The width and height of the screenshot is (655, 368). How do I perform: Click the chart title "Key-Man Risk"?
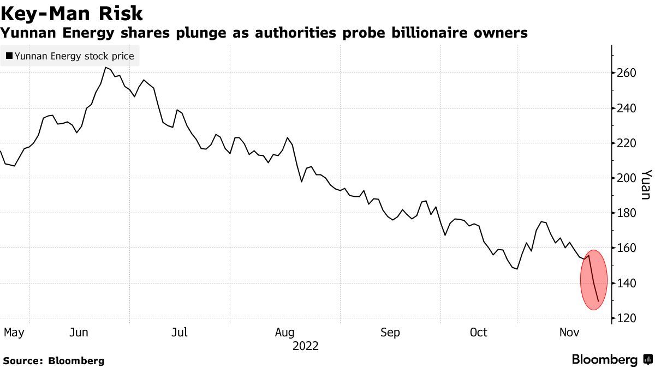click(x=72, y=13)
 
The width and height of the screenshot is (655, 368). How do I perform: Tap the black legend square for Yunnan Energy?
click(x=9, y=56)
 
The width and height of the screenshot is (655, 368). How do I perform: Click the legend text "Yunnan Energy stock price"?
click(x=74, y=56)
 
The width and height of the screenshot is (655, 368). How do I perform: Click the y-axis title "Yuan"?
click(x=645, y=184)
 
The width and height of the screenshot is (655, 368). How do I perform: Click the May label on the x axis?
click(x=14, y=333)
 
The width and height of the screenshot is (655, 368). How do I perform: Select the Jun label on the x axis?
click(x=80, y=333)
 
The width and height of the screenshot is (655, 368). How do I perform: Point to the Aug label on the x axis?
click(x=284, y=333)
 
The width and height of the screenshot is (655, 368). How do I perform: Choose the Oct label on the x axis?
click(x=479, y=333)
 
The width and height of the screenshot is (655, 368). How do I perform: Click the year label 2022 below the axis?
click(x=306, y=346)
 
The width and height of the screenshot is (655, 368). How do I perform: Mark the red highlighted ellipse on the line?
click(x=594, y=280)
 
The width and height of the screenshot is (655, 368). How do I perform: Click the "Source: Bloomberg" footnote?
click(x=53, y=361)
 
